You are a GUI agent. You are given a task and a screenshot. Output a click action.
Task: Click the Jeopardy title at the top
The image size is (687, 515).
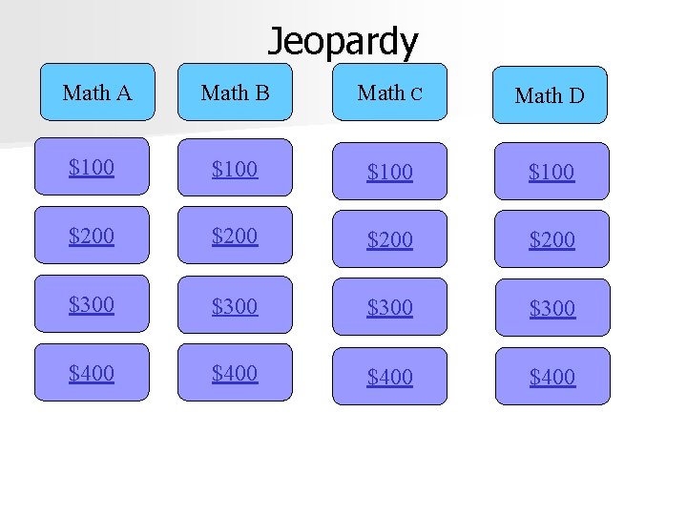(342, 41)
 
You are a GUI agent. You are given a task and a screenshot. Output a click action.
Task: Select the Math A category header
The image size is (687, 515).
(96, 93)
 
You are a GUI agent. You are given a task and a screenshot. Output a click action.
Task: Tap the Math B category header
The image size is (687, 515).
(235, 93)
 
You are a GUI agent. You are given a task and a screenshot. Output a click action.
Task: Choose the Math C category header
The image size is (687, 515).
(389, 93)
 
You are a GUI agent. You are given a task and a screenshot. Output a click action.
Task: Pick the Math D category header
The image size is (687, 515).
(550, 95)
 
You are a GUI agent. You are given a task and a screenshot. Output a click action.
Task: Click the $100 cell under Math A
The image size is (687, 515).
(92, 167)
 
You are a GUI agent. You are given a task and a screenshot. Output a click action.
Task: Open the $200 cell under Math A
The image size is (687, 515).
(92, 236)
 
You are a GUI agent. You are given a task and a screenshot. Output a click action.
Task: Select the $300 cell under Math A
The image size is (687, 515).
(92, 304)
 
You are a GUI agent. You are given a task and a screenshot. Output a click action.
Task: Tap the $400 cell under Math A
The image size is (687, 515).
(92, 373)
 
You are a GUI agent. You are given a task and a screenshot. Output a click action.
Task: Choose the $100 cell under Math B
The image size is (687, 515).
(235, 169)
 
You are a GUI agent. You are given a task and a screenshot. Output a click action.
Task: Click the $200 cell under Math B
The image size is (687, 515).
(235, 236)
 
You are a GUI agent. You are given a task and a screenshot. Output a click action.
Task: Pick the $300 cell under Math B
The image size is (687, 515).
(235, 306)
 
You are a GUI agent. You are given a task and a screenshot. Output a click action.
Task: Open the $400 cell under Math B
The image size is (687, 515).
(235, 373)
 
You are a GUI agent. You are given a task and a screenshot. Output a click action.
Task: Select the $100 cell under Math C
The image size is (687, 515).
(389, 172)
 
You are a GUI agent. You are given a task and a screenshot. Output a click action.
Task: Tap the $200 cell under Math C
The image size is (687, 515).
(389, 239)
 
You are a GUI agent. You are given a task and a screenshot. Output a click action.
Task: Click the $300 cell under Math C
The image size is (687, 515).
(389, 307)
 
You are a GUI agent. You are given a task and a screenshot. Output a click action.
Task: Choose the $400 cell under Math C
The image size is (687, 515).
(389, 377)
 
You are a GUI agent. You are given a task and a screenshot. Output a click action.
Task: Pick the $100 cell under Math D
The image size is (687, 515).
(552, 172)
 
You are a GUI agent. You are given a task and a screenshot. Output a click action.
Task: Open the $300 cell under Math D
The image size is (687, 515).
(552, 307)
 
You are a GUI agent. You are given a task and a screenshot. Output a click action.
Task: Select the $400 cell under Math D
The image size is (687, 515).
(552, 377)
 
